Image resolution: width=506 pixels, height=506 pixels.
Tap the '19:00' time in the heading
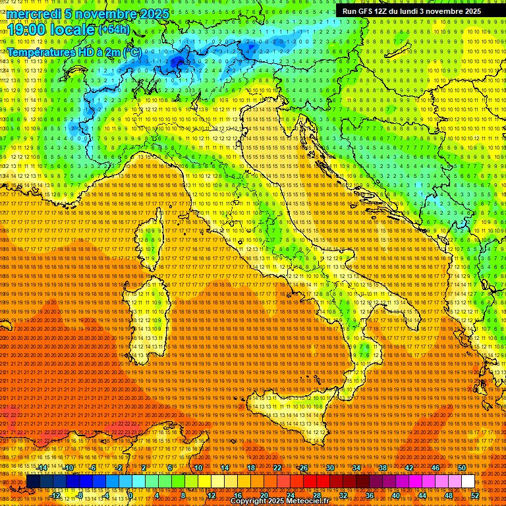coord(25,30)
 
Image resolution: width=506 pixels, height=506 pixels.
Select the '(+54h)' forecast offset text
coord(114,30)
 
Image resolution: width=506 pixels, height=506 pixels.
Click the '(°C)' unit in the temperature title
coord(131,52)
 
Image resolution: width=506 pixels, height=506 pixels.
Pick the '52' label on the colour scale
coord(475,495)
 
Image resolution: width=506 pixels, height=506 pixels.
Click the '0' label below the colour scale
coord(130,495)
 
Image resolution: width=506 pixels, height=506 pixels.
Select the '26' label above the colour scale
coord(304,467)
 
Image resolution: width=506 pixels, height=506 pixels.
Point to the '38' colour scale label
coord(382,467)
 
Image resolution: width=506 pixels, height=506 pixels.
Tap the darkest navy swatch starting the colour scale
coord(33,482)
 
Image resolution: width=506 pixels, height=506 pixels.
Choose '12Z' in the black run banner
coord(384,11)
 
